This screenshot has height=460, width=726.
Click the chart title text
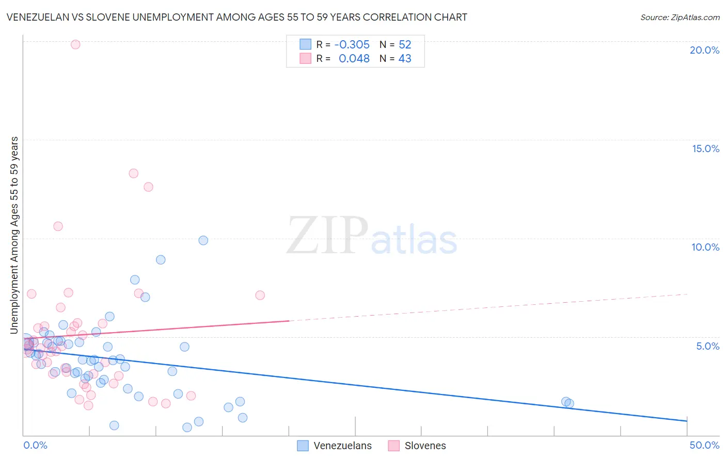(x=237, y=17)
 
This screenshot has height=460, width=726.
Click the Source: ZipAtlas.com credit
(x=680, y=18)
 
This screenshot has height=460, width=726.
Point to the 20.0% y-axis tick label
(x=704, y=50)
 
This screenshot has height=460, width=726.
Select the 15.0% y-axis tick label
(x=705, y=149)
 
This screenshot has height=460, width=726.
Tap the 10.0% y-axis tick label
(x=705, y=247)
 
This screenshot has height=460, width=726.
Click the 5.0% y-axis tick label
(x=707, y=346)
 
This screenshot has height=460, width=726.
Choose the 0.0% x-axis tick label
(x=35, y=445)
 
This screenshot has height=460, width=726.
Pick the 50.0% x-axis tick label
(x=704, y=445)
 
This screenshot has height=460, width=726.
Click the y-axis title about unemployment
(x=14, y=235)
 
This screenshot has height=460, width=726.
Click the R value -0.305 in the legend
(x=352, y=45)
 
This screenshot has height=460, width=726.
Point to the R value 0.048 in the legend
(x=354, y=59)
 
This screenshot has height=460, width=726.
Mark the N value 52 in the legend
(x=405, y=45)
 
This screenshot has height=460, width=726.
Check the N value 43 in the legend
(x=405, y=59)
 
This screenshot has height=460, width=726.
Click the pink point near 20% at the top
(x=75, y=44)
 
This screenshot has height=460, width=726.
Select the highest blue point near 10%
(x=203, y=240)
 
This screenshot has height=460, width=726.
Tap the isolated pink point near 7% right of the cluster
(x=260, y=295)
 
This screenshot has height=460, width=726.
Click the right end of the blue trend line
(x=686, y=421)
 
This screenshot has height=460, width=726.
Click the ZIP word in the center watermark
(x=327, y=236)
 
